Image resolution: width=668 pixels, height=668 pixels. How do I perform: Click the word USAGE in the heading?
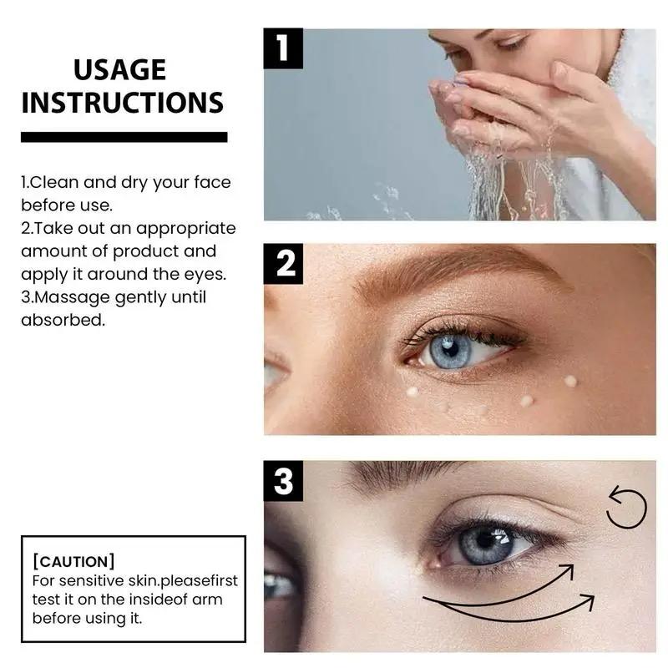[x=119, y=70]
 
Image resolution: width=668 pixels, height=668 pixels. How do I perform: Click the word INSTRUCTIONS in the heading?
[x=123, y=103]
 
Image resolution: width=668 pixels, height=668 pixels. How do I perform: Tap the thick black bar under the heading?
[x=124, y=137]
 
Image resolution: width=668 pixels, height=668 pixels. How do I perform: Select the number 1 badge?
[x=283, y=48]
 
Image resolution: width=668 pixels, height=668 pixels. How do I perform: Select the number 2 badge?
[x=283, y=264]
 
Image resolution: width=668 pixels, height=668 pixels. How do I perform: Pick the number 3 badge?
[x=283, y=481]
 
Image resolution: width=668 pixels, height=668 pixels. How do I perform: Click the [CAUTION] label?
[x=73, y=562]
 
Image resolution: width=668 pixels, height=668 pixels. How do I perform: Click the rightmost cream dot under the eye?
[x=570, y=381]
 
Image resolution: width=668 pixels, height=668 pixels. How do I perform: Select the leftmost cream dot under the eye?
[x=411, y=391]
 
